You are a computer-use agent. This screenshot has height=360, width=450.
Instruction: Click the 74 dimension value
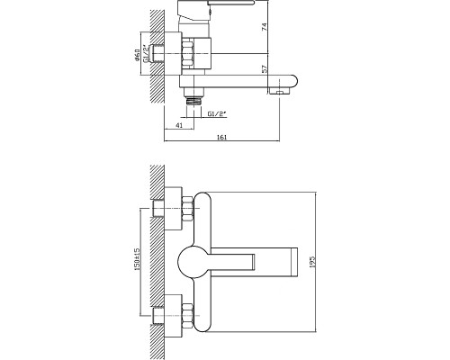[265, 27]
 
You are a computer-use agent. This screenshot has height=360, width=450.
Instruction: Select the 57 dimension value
[265, 69]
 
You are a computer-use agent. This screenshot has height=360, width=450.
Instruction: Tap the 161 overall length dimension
[221, 138]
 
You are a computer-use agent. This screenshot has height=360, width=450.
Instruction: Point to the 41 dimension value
[179, 125]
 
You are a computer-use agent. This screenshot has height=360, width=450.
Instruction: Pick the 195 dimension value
[312, 262]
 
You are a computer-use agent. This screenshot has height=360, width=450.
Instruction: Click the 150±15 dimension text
[137, 260]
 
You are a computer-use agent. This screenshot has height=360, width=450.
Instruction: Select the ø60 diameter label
[137, 55]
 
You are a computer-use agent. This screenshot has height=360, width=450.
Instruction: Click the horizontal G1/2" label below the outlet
[217, 114]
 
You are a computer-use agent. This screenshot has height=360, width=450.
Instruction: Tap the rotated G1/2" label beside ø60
[146, 54]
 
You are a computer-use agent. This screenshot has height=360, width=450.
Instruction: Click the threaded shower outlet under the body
[193, 100]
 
